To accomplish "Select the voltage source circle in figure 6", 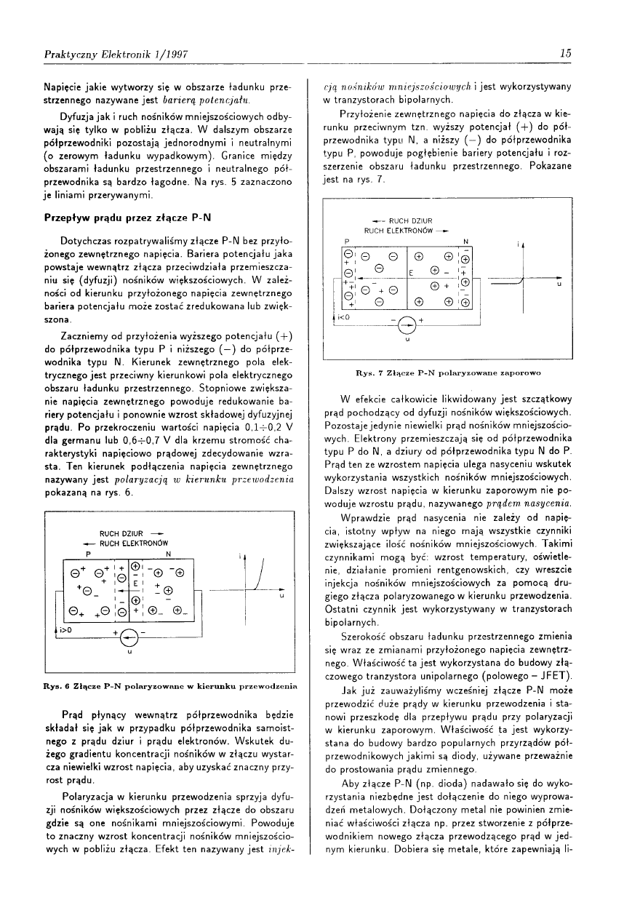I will (128, 639).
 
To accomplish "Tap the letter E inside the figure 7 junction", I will (411, 273).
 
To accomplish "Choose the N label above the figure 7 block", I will (465, 241).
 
